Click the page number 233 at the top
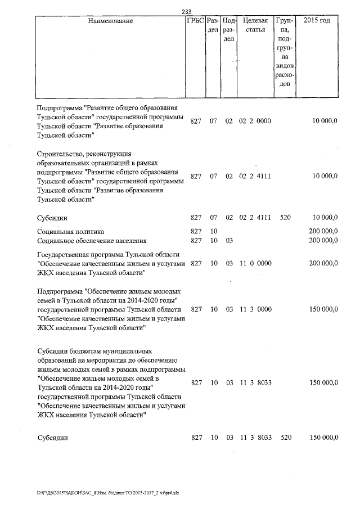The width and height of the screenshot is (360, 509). (187, 11)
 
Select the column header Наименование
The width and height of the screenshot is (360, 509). (111, 21)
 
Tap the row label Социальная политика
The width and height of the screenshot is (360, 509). (70, 231)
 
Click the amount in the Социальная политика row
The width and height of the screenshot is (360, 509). (323, 231)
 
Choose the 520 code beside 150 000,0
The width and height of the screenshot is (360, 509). (286, 437)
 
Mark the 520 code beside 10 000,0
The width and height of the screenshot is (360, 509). (286, 217)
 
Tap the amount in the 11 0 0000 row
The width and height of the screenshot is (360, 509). (323, 263)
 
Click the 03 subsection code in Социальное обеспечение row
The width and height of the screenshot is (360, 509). (229, 241)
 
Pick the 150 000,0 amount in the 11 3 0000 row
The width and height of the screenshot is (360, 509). (323, 309)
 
